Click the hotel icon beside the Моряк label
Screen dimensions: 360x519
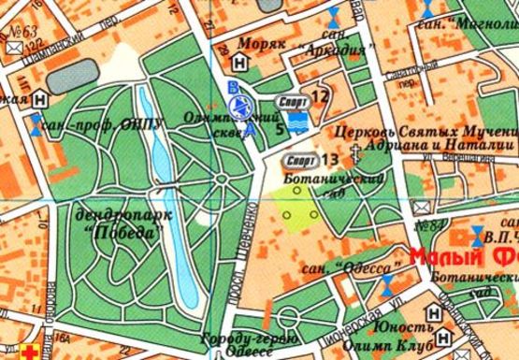[x=243, y=64]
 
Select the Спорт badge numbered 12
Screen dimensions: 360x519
[x=292, y=96]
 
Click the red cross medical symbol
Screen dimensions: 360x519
[x=36, y=353]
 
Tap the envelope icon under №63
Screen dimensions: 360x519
[x=17, y=43]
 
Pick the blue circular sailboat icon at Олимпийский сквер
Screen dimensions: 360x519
[x=243, y=106]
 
